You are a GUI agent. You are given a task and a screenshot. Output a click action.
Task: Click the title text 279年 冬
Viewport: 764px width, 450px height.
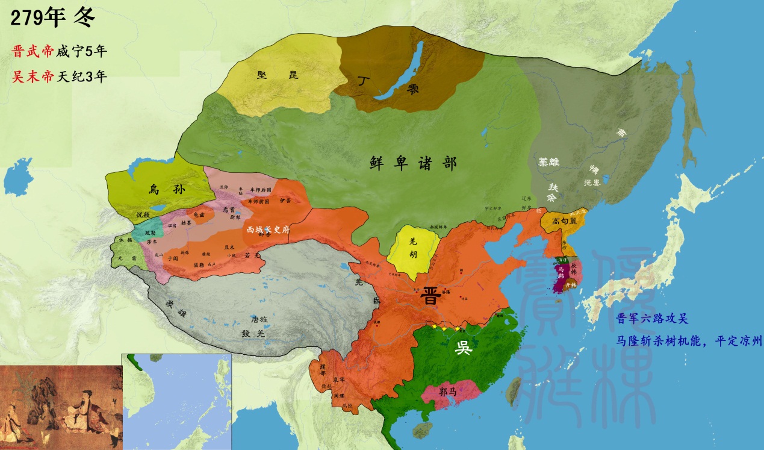[53, 18]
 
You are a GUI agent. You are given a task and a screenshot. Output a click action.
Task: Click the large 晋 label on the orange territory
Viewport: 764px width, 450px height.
[430, 297]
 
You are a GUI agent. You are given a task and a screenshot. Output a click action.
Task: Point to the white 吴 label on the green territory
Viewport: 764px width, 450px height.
[463, 348]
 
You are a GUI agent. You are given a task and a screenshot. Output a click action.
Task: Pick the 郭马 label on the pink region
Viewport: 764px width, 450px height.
[451, 391]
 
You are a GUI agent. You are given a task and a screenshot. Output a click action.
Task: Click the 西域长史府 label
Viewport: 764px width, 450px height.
[269, 230]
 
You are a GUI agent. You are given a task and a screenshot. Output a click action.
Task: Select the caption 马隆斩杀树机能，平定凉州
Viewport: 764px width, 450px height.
[689, 340]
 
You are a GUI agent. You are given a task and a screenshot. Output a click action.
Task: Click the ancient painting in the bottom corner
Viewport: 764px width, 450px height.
[60, 407]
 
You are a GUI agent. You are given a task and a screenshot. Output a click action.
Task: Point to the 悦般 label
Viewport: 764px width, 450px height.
[143, 214]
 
